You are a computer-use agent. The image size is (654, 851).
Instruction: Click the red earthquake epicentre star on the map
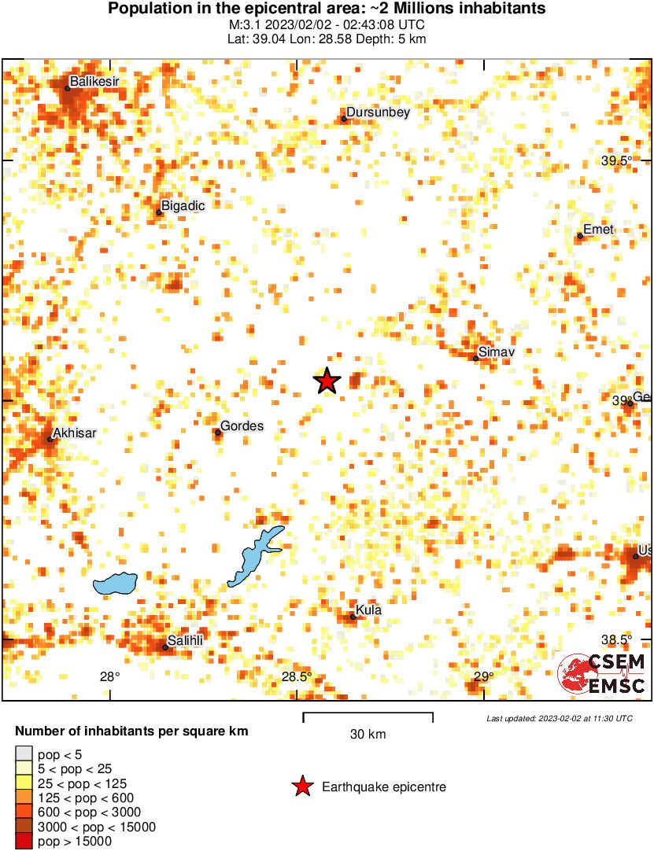[327, 381]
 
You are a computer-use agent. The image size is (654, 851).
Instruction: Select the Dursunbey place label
[378, 112]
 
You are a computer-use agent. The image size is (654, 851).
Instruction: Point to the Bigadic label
[183, 205]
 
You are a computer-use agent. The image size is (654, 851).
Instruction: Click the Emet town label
[598, 230]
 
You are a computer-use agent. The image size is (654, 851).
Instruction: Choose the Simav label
[496, 352]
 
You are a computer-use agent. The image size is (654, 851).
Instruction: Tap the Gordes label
[242, 426]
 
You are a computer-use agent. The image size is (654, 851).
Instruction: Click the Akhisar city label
[74, 433]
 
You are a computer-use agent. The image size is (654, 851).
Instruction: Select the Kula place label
[368, 610]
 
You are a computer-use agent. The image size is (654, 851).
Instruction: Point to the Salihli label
[185, 641]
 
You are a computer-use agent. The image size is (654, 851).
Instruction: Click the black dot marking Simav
[476, 359]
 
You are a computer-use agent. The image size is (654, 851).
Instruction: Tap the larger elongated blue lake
[256, 555]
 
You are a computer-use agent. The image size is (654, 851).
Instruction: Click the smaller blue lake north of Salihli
[115, 584]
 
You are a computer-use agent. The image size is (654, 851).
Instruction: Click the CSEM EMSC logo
[602, 674]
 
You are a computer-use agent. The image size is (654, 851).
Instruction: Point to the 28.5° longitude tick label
[297, 676]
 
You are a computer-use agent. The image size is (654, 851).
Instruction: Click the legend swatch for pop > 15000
[24, 841]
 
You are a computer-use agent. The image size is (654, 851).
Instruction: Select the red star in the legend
[302, 787]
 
